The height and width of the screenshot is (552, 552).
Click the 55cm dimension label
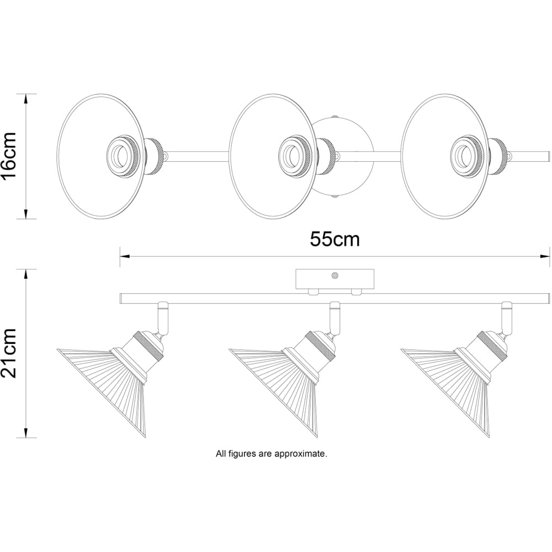pyautogui.click(x=335, y=240)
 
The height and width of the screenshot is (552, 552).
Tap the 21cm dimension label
pyautogui.click(x=9, y=353)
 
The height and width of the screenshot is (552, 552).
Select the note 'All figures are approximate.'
pyautogui.click(x=272, y=454)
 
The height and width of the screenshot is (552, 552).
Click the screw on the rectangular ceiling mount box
pyautogui.click(x=335, y=275)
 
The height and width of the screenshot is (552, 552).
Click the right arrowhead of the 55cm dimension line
pyautogui.click(x=545, y=257)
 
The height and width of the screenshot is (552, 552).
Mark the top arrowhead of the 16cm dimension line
pyautogui.click(x=26, y=99)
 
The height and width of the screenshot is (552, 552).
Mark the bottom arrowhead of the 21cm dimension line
pyautogui.click(x=26, y=433)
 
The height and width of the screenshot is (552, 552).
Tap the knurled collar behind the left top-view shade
pyautogui.click(x=155, y=156)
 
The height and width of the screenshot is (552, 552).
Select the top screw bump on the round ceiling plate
pyautogui.click(x=335, y=115)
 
